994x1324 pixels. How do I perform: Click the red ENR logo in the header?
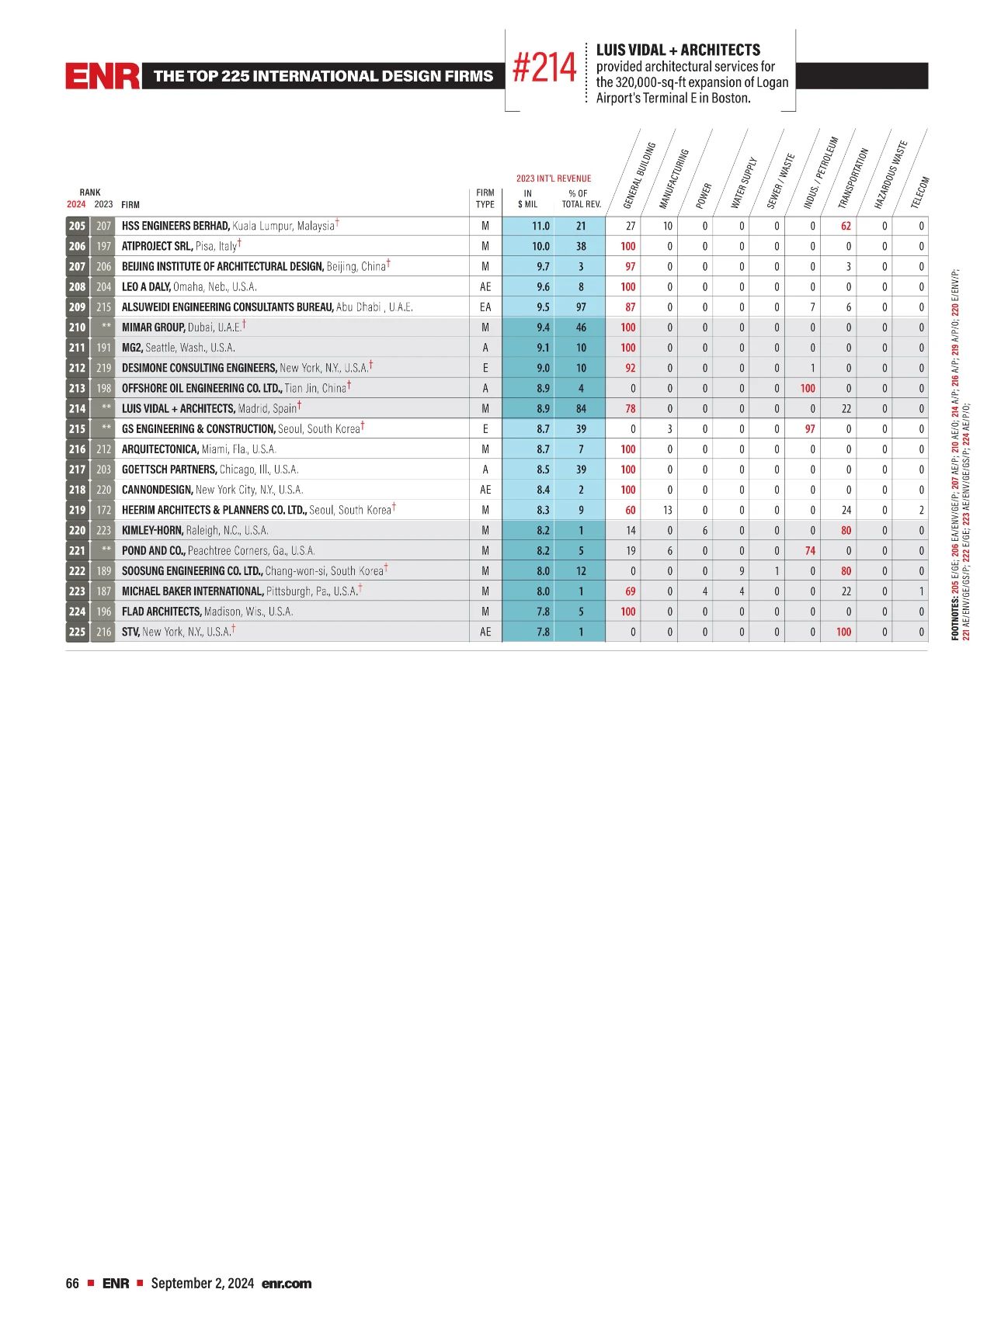pos(103,76)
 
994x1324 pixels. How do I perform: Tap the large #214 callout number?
pos(544,69)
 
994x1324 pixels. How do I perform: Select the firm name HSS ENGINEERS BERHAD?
pos(176,226)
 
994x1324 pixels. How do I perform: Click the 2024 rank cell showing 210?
pos(77,328)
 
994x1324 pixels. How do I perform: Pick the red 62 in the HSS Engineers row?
pos(846,226)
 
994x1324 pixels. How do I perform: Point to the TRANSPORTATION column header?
pos(853,178)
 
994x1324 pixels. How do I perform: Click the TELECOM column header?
pos(919,192)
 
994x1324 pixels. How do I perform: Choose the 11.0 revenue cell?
pos(540,226)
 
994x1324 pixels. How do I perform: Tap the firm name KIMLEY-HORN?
pos(152,530)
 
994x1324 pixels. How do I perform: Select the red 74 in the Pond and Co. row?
pos(810,550)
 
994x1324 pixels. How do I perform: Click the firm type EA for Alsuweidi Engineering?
pos(485,307)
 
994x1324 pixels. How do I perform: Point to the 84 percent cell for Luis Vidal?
pos(581,408)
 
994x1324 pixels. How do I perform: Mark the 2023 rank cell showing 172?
pos(103,510)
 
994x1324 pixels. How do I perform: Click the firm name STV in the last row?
pos(130,632)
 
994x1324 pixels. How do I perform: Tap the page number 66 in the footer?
pos(72,1283)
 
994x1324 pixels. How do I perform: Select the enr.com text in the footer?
pos(287,1283)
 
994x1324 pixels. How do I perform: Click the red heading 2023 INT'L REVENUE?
pos(553,178)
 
